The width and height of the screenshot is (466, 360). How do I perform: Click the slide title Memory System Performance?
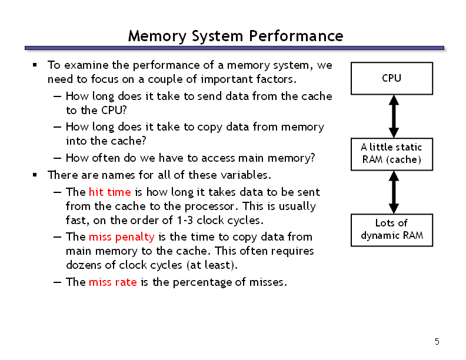coord(236,36)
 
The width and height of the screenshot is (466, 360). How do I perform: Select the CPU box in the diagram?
coord(392,78)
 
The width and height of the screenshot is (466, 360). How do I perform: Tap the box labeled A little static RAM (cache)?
coord(392,155)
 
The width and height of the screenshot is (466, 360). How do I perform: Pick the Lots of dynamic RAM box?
coord(392,230)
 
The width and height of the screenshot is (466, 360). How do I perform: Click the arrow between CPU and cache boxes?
coord(394,116)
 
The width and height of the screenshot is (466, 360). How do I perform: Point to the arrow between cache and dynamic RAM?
coord(394,192)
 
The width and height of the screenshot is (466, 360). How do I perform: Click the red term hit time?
coord(109,192)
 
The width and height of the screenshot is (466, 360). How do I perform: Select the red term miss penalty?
coord(122,237)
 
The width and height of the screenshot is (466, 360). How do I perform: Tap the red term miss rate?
coord(112,282)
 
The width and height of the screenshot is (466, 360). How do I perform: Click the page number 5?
coord(437,342)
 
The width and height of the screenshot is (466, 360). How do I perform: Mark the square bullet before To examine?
coord(35,65)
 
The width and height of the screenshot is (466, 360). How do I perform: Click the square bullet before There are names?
coord(35,175)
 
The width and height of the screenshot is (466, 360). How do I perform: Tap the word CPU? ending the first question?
coord(114,110)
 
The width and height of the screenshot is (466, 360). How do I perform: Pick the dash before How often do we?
coord(57,158)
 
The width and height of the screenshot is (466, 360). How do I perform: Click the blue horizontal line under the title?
coord(235,48)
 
